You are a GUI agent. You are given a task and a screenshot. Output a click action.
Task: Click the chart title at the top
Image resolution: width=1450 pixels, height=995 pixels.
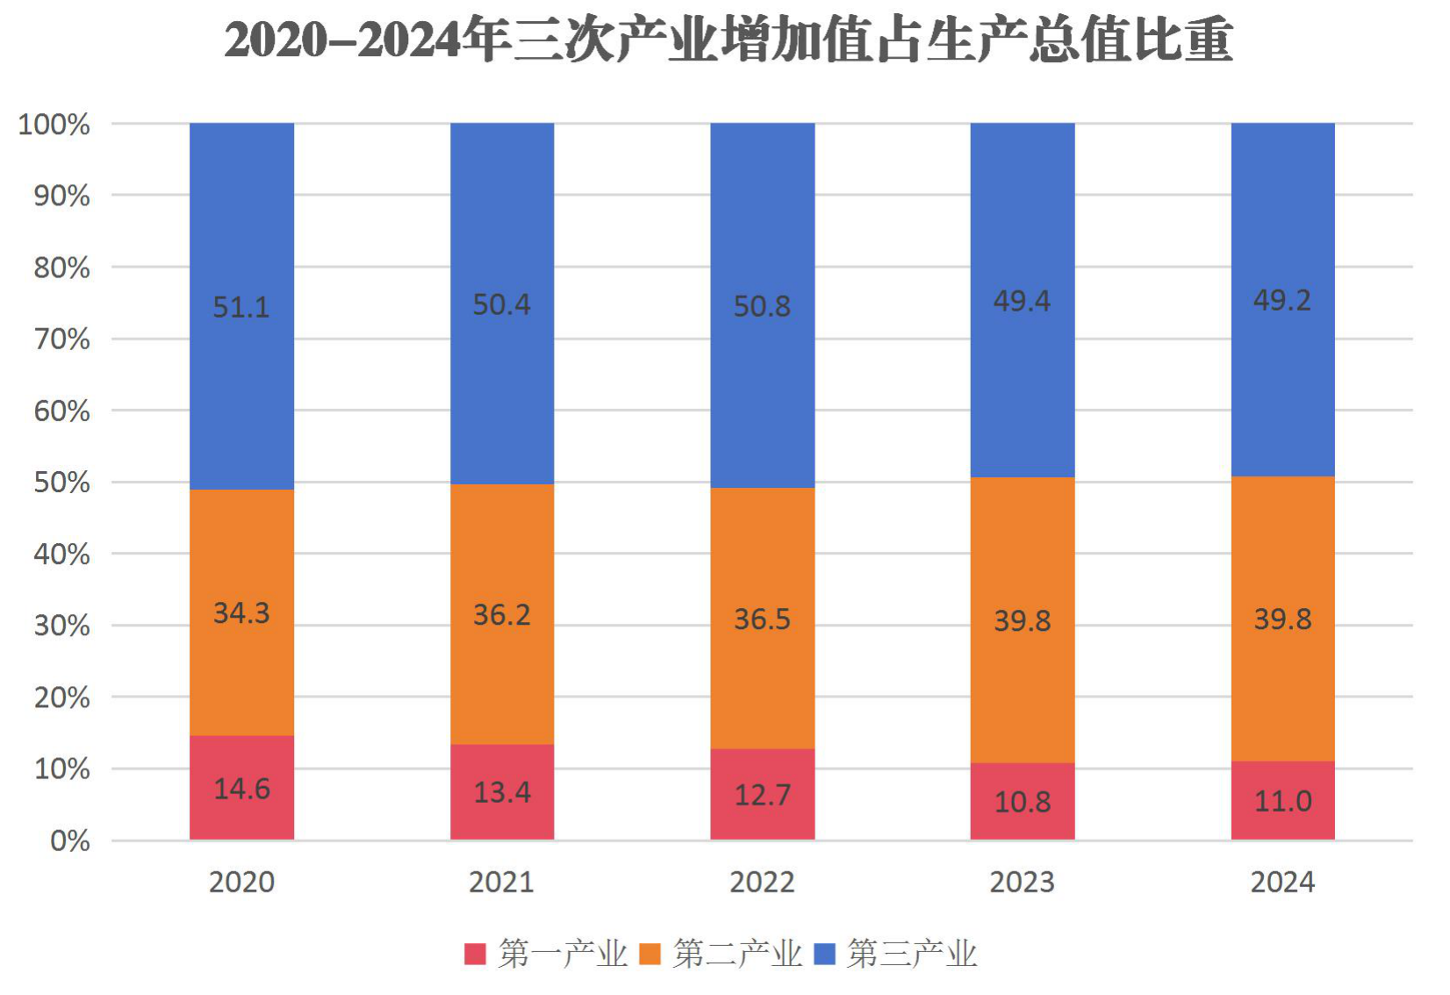pos(729,41)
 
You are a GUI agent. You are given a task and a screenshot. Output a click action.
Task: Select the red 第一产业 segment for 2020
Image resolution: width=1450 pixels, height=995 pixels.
pos(241,788)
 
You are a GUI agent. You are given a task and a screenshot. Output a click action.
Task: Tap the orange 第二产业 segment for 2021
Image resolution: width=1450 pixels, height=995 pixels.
pos(502,614)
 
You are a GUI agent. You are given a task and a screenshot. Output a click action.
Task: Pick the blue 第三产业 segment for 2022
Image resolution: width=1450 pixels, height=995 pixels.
pos(763,305)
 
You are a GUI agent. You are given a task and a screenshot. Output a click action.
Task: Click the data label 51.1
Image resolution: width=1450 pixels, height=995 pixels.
pos(240,307)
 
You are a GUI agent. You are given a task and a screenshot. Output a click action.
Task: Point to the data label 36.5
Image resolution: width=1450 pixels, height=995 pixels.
pos(762,619)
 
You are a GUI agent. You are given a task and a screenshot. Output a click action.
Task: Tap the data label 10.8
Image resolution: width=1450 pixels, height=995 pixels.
pos(1023,803)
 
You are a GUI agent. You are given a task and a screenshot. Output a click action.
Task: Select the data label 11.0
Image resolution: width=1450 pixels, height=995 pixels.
pos(1283,802)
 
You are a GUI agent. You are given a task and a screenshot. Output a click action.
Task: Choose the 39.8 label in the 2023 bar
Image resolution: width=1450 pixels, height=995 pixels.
pos(1023,622)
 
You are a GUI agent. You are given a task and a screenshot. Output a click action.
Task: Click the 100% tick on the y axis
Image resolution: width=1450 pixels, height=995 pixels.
pos(54,125)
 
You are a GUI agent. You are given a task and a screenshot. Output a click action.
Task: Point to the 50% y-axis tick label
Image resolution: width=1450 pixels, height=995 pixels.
pos(61,483)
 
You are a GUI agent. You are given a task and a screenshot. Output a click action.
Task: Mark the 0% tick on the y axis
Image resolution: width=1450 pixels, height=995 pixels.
pos(70,841)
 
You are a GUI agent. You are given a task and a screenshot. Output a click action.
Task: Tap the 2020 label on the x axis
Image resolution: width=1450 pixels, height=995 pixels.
pos(241,883)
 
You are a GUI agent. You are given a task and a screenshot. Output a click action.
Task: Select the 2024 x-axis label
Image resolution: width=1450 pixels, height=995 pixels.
pos(1282,883)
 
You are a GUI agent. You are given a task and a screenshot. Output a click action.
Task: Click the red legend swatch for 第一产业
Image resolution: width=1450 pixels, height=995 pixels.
pos(475,955)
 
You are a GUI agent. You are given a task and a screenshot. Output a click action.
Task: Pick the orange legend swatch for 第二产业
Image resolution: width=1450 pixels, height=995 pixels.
pos(650,955)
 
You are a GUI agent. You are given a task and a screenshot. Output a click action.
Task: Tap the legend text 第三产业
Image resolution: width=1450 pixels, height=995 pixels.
pos(912,955)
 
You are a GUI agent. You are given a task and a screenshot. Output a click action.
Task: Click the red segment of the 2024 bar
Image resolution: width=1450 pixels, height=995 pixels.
pos(1283,801)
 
